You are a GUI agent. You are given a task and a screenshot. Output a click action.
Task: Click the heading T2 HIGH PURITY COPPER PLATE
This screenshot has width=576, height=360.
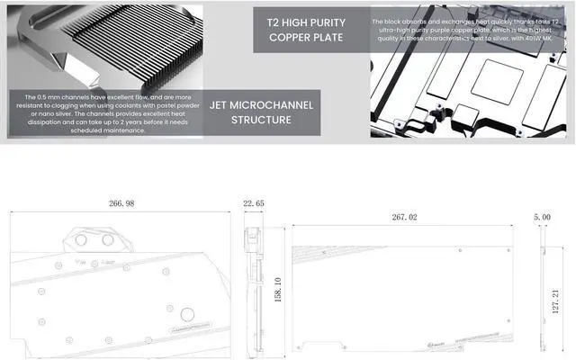[x=304, y=30]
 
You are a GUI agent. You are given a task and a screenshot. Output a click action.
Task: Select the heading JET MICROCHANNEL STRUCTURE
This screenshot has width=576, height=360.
[x=261, y=112]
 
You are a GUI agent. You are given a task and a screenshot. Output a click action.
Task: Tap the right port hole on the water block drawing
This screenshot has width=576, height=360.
[x=110, y=241]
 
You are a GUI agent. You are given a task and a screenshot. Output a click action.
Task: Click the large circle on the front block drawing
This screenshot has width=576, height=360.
[x=187, y=315]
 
